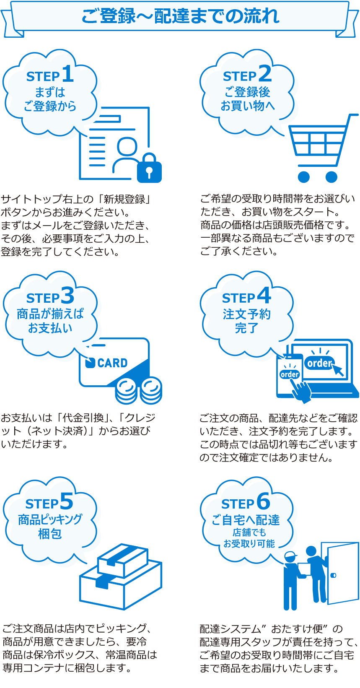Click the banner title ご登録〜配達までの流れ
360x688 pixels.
click(180, 16)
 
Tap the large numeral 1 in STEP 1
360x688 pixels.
click(68, 74)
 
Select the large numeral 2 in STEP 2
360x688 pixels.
click(265, 74)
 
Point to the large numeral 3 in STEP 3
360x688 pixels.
click(67, 296)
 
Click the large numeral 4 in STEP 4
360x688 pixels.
click(264, 296)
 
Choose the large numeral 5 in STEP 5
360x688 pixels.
click(67, 501)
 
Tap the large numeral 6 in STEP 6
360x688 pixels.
click(263, 501)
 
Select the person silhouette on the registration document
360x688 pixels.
click(127, 155)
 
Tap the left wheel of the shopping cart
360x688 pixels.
click(304, 177)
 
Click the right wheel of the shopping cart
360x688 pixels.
click(331, 177)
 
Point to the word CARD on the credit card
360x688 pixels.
click(112, 363)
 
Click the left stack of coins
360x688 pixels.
click(126, 390)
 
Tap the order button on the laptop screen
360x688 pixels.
click(319, 363)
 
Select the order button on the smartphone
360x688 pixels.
click(290, 374)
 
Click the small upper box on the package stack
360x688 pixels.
click(122, 561)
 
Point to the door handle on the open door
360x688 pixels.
click(333, 575)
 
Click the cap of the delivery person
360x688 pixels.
click(290, 556)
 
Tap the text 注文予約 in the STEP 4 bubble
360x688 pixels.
click(247, 314)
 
